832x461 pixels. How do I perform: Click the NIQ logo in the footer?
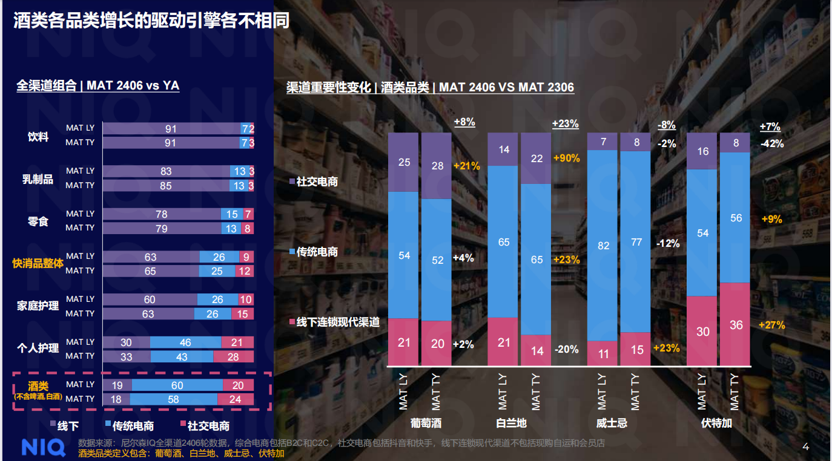click(x=43, y=448)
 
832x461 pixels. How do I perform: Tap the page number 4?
click(x=805, y=447)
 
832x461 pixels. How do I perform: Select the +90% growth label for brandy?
click(x=566, y=158)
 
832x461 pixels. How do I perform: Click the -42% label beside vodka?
click(x=772, y=144)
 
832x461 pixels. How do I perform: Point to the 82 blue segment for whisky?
click(x=603, y=245)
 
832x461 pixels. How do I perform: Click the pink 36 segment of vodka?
click(x=736, y=325)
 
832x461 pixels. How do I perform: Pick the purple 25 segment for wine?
click(x=404, y=162)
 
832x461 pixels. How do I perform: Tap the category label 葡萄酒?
click(x=426, y=423)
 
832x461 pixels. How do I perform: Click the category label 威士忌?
click(x=612, y=423)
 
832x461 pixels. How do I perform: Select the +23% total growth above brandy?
click(x=565, y=124)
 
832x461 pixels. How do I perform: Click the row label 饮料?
click(x=38, y=136)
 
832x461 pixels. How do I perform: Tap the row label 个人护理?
click(x=38, y=348)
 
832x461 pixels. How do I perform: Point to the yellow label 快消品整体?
click(x=38, y=264)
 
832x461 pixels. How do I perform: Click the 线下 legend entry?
click(x=65, y=426)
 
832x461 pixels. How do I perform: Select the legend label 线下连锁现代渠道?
click(x=337, y=322)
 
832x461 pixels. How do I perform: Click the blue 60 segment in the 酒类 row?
click(x=177, y=385)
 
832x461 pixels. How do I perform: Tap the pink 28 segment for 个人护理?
click(x=233, y=357)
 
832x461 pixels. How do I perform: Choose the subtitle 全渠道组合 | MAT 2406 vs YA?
click(x=97, y=86)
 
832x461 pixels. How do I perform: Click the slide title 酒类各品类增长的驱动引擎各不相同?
click(x=151, y=21)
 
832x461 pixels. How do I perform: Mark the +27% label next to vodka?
click(x=771, y=325)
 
